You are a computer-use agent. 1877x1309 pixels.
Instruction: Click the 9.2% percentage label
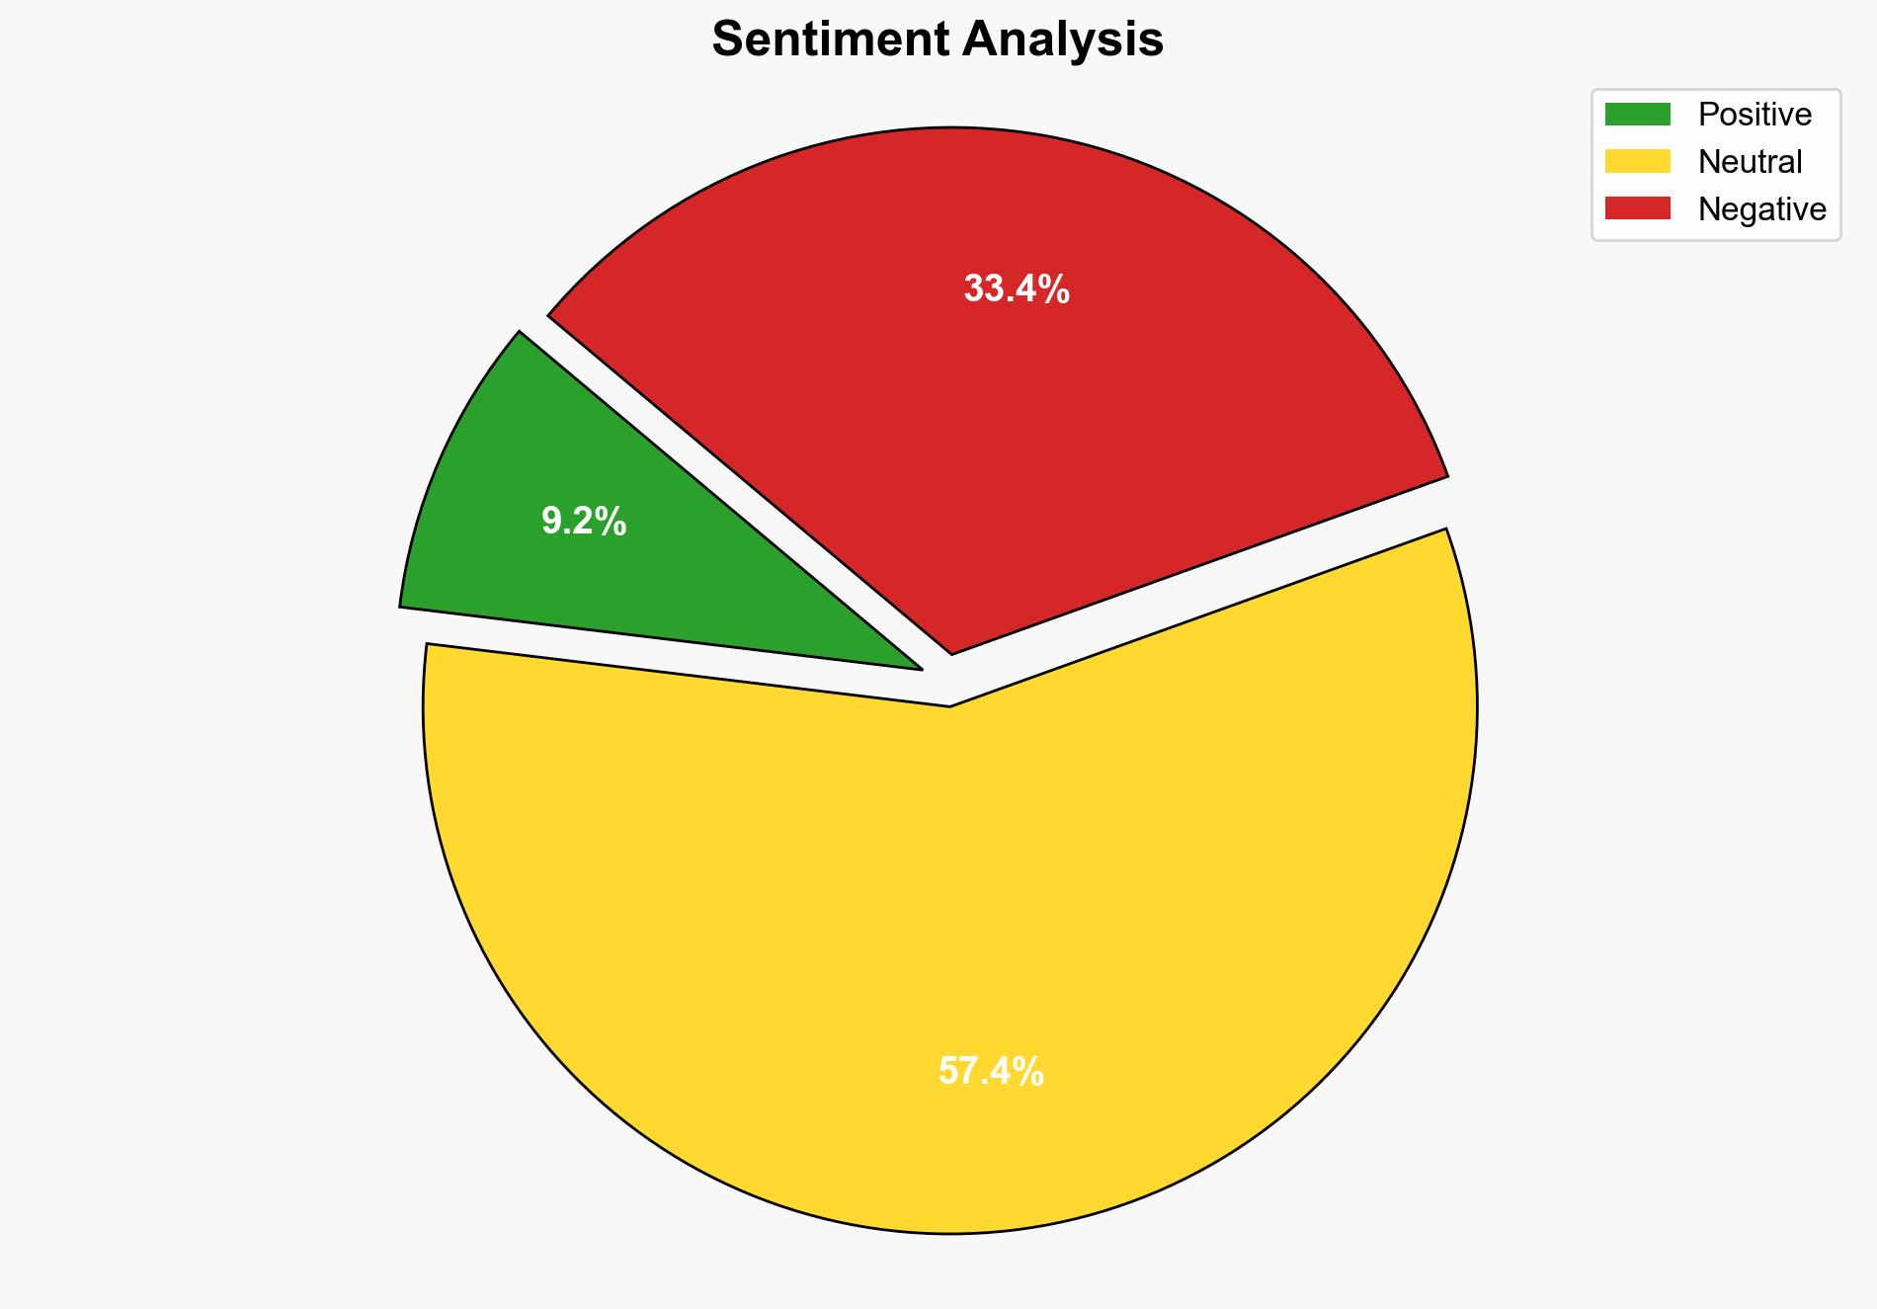coord(583,522)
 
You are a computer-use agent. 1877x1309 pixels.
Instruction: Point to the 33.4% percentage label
coord(1016,289)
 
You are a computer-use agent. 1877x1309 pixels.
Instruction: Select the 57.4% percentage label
coord(990,1072)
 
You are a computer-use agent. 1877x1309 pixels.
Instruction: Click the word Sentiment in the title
coord(830,40)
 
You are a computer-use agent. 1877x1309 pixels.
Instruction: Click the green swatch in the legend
coord(1637,115)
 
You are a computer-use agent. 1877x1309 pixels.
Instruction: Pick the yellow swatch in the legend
coord(1637,161)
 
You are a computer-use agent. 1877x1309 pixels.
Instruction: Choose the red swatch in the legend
coord(1637,208)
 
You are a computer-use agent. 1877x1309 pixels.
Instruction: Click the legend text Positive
coord(1755,115)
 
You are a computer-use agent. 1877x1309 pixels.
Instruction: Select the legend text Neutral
coord(1750,162)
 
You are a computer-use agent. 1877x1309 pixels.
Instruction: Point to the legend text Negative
coord(1761,209)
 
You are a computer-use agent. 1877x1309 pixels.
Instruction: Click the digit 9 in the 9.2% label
coord(551,522)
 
